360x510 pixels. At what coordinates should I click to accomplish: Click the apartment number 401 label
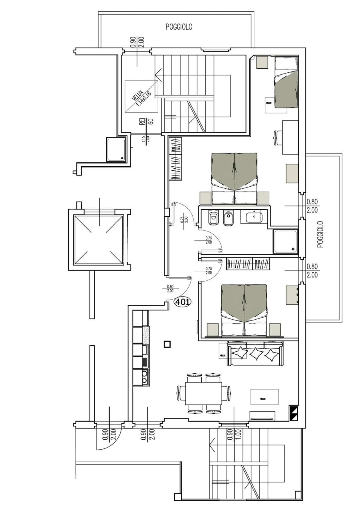point(182,302)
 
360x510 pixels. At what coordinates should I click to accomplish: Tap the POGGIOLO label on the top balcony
point(179,27)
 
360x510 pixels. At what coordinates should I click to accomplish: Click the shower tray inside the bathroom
point(285,241)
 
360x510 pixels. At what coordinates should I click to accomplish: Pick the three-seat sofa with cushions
point(255,353)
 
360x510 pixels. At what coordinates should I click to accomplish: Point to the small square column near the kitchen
point(167,344)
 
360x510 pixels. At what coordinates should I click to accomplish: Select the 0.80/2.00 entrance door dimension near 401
point(170,288)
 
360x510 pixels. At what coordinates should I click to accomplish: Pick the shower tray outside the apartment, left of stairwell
point(116,149)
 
